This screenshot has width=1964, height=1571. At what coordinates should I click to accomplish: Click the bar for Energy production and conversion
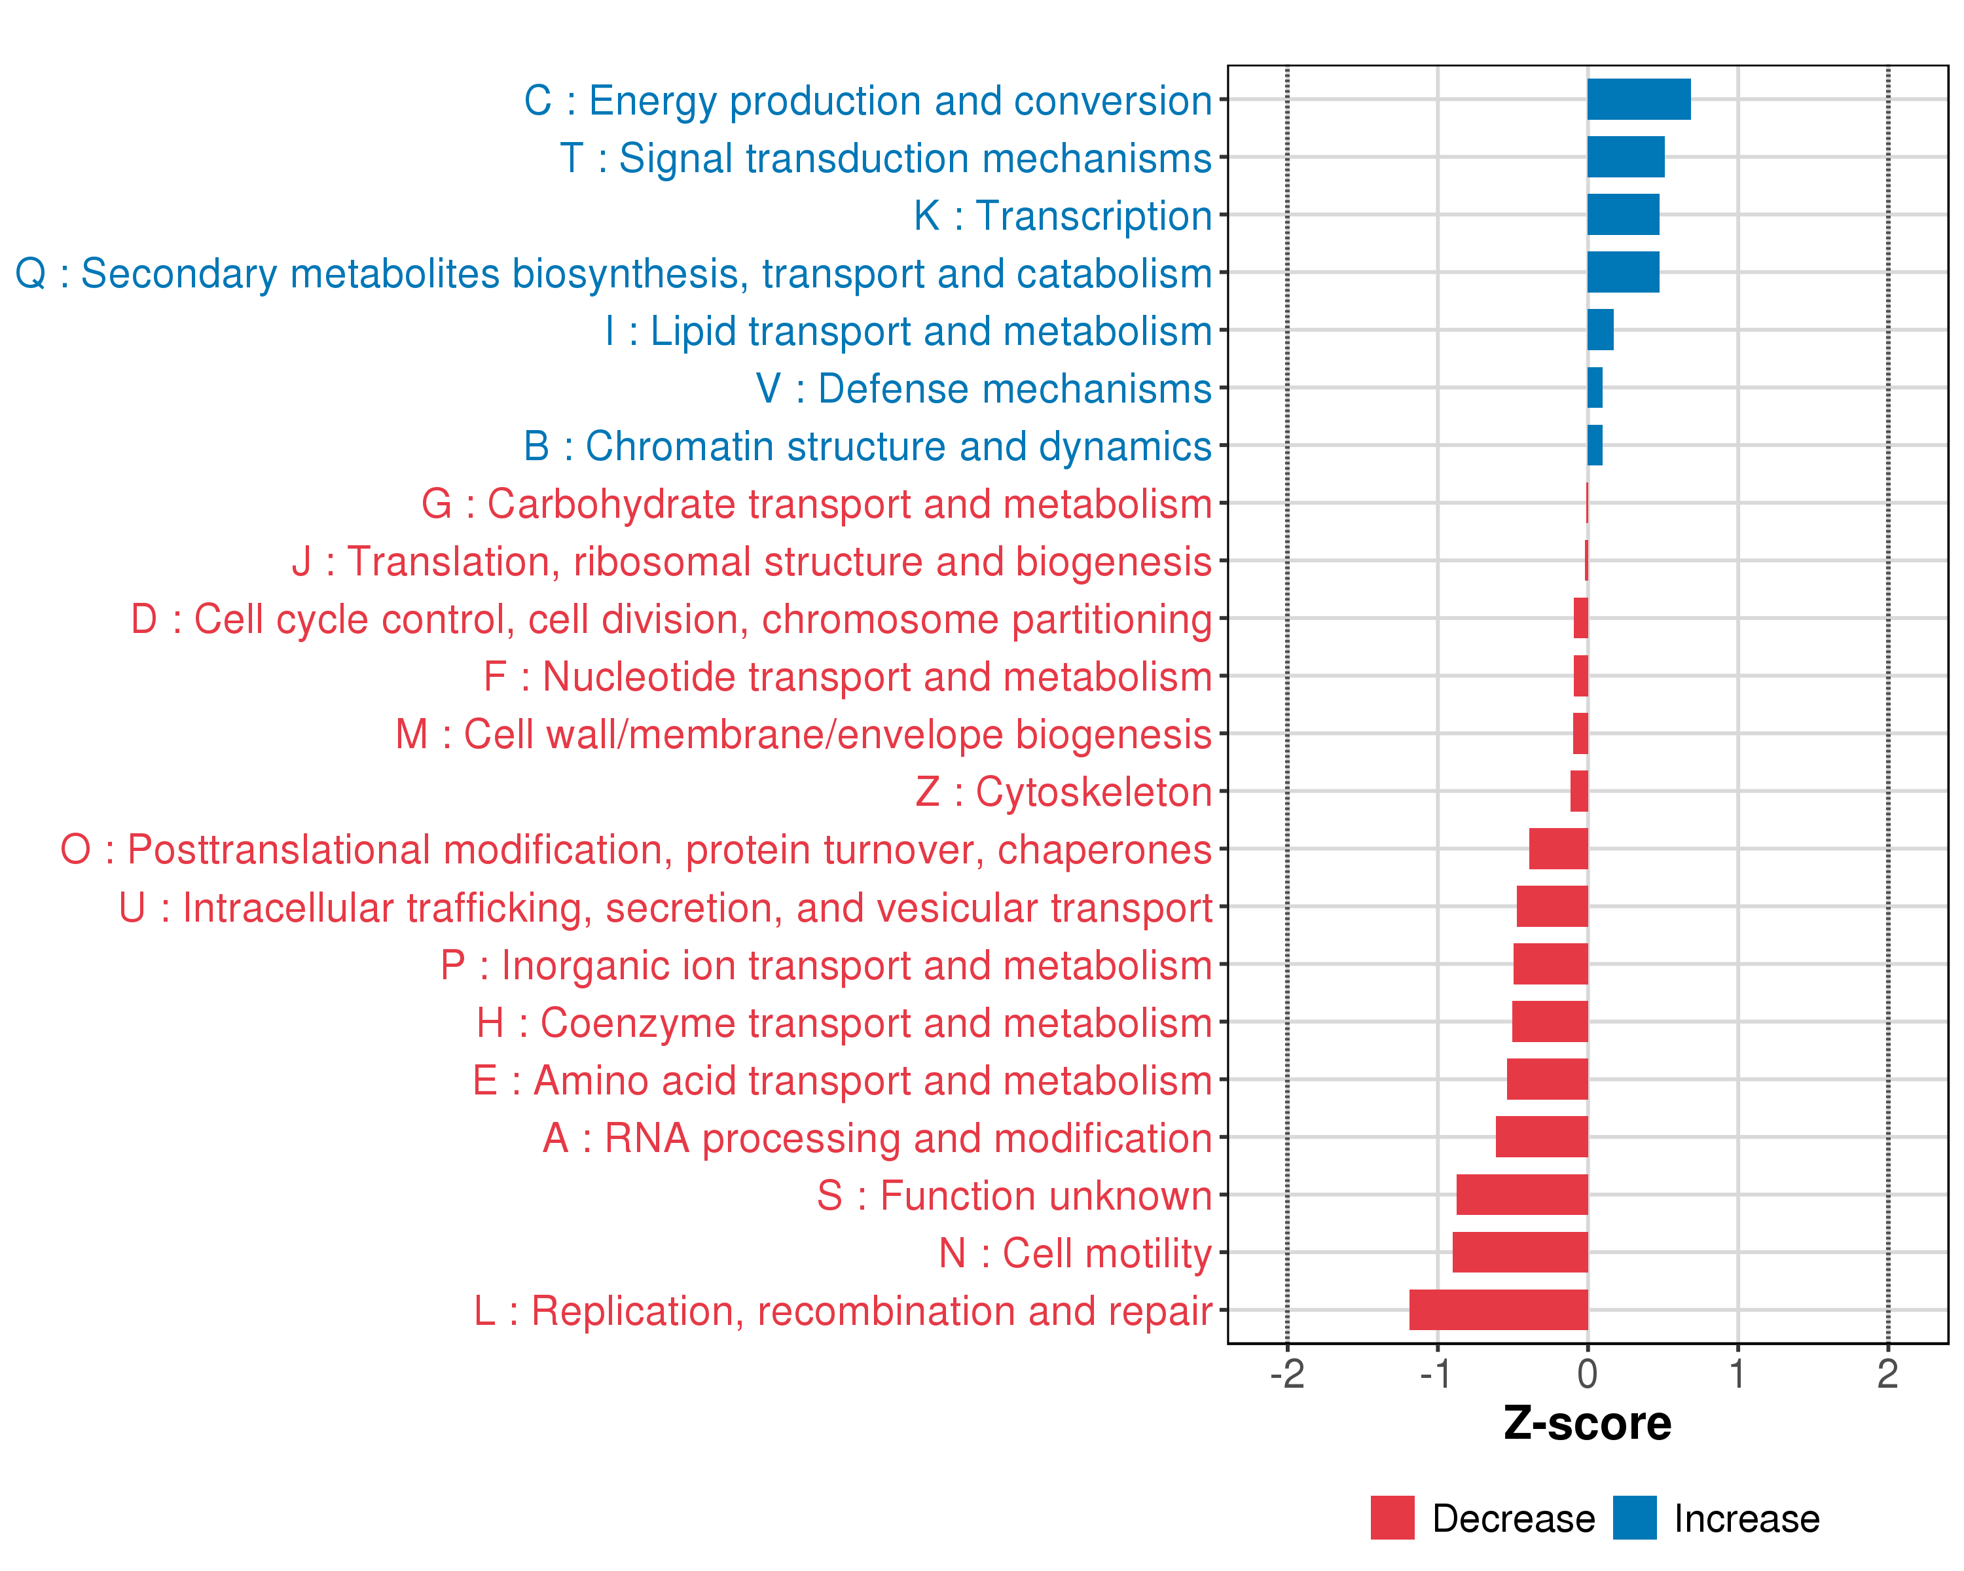[x=1638, y=99]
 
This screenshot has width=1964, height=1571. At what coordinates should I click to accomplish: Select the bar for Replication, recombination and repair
[x=1498, y=1310]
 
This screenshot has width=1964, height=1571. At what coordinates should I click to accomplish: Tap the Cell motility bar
[x=1519, y=1252]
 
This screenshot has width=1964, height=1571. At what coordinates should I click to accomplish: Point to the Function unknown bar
[x=1521, y=1194]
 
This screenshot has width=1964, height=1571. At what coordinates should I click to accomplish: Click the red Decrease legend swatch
[x=1392, y=1517]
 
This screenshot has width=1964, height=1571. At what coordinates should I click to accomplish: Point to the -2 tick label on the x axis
[x=1286, y=1373]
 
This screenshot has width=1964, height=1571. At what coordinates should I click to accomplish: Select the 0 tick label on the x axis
[x=1587, y=1373]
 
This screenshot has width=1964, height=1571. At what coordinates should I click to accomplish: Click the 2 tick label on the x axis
[x=1887, y=1373]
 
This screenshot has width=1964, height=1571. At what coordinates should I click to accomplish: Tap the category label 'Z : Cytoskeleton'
[x=1063, y=792]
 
